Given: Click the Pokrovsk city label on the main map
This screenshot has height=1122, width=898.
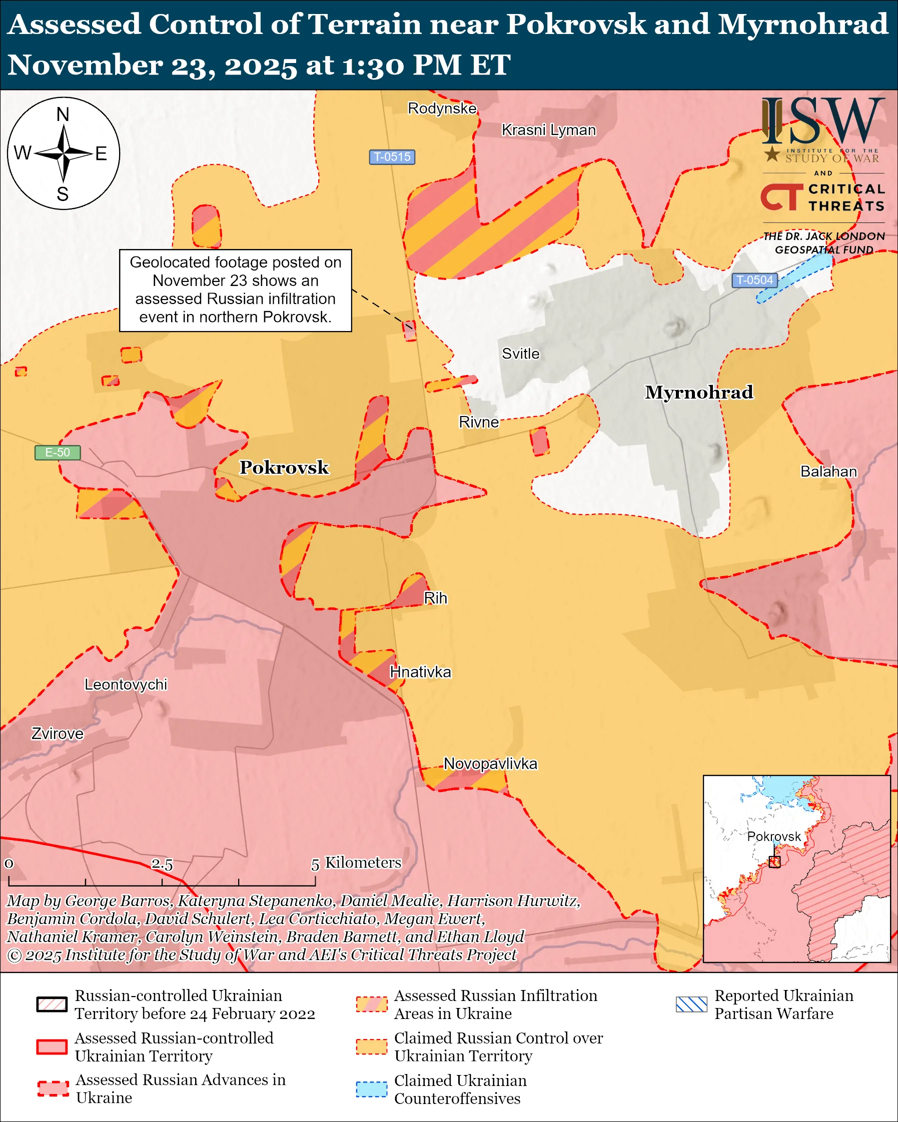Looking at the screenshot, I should click(284, 467).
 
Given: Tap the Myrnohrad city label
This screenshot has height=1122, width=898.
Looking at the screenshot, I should click(698, 392).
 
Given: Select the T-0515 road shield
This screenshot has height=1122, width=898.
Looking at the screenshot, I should click(392, 156).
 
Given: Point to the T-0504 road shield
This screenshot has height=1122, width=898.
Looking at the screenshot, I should click(754, 280).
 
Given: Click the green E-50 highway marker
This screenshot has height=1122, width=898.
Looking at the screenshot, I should click(57, 452).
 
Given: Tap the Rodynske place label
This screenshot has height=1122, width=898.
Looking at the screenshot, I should click(441, 108).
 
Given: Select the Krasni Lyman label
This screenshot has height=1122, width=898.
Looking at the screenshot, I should click(548, 130).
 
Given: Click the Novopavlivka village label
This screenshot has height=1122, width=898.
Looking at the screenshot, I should click(490, 763).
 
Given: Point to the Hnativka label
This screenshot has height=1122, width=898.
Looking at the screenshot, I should click(420, 672).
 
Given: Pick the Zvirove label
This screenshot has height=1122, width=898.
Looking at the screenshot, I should click(57, 733).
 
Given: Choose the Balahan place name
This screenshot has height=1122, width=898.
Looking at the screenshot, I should click(828, 471).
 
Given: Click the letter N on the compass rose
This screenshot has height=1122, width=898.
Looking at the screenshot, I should click(63, 114).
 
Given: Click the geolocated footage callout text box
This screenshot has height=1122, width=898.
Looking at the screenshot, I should click(235, 290).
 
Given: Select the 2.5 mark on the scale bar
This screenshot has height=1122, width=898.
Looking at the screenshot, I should click(162, 864).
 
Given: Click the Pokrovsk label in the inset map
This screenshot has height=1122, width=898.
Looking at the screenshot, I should click(773, 836).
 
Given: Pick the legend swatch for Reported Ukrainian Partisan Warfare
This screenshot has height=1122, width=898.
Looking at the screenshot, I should click(691, 1004).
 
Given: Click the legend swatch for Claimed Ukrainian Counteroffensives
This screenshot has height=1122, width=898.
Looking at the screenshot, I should click(371, 1089).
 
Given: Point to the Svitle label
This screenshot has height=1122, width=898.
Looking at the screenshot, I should click(520, 354).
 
